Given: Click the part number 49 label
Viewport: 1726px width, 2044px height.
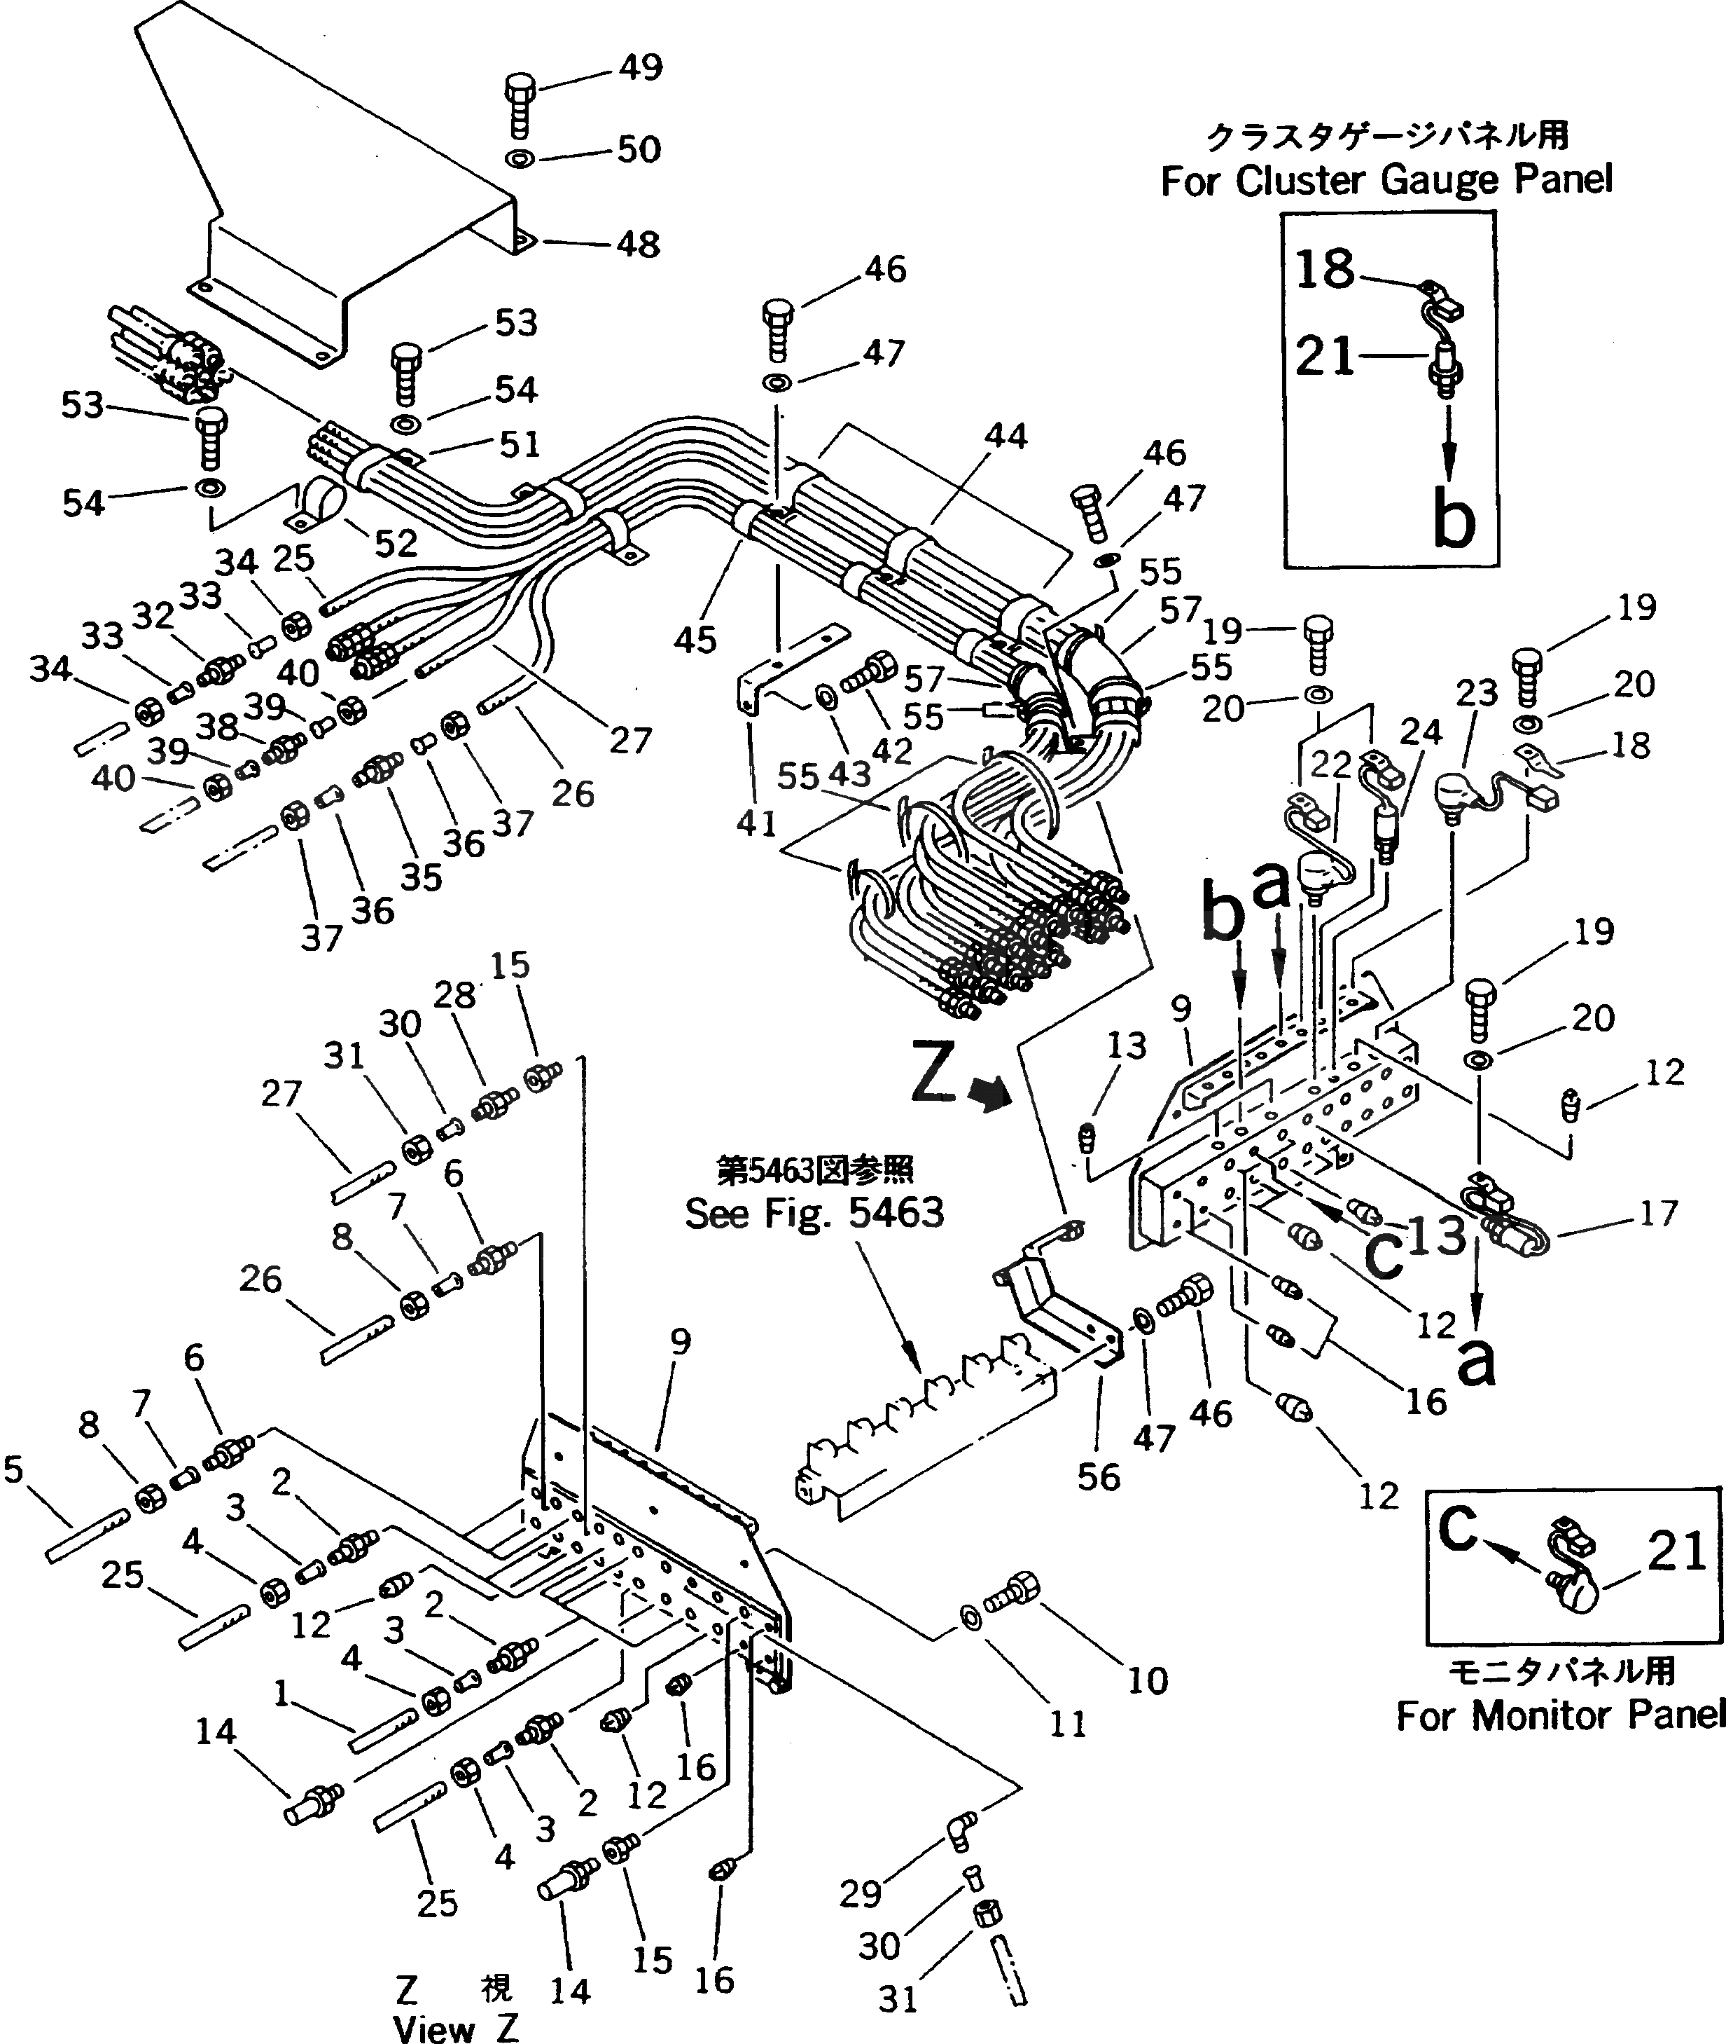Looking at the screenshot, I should point(640,67).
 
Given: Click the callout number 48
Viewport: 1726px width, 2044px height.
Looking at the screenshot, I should point(638,244).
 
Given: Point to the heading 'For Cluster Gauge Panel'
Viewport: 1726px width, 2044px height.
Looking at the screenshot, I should point(1386,180).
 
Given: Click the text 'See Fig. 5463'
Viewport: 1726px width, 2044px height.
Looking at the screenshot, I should point(814,1214).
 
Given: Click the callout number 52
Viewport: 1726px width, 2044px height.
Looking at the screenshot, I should point(396,543).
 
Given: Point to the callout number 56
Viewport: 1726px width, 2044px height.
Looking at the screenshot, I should point(1098,1476).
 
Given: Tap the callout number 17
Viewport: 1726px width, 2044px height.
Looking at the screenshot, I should point(1659,1214).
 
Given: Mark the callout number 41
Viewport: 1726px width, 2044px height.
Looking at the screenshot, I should point(756,823).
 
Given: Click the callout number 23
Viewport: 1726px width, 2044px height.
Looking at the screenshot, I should point(1477,693).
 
